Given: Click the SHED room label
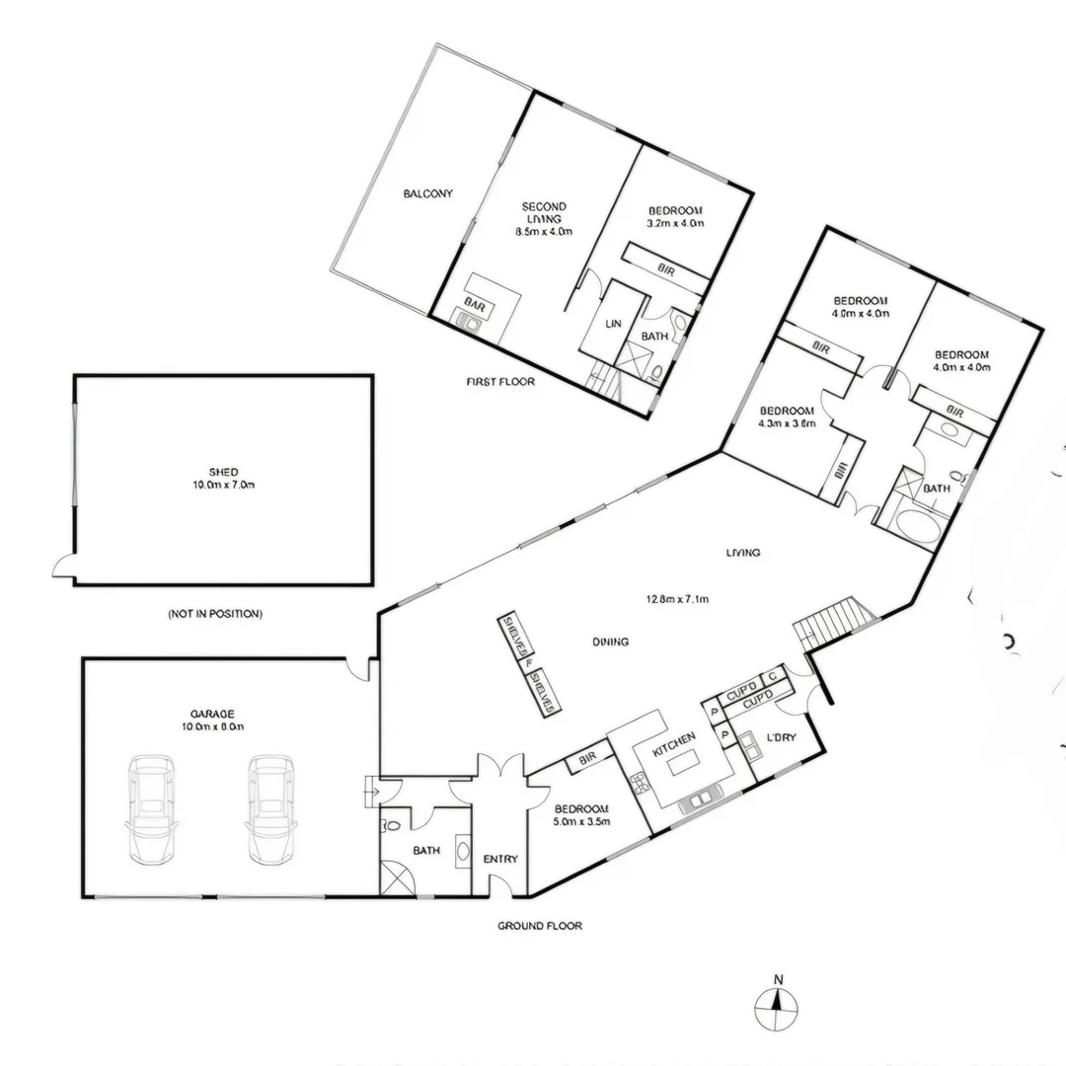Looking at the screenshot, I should pos(224,472).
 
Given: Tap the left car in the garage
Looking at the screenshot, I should pos(151,809).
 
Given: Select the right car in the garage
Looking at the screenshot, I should pos(269,809).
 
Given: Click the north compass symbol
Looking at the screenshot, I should pos(777,1008).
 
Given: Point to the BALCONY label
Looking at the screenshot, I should pos(428,193).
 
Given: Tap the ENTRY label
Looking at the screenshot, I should pos(500,859).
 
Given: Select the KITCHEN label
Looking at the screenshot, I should pos(674,737).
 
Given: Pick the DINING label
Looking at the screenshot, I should pos(611,642).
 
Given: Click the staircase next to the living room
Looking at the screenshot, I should pos(835,624).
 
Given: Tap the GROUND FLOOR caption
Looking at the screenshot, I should pos(540,926).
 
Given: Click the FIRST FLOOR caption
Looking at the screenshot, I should pos(500,380).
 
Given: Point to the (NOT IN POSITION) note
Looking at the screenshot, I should pos(215,614).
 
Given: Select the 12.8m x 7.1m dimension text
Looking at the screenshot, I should pos(678,598).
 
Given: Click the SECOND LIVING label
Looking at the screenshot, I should pos(544,213).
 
